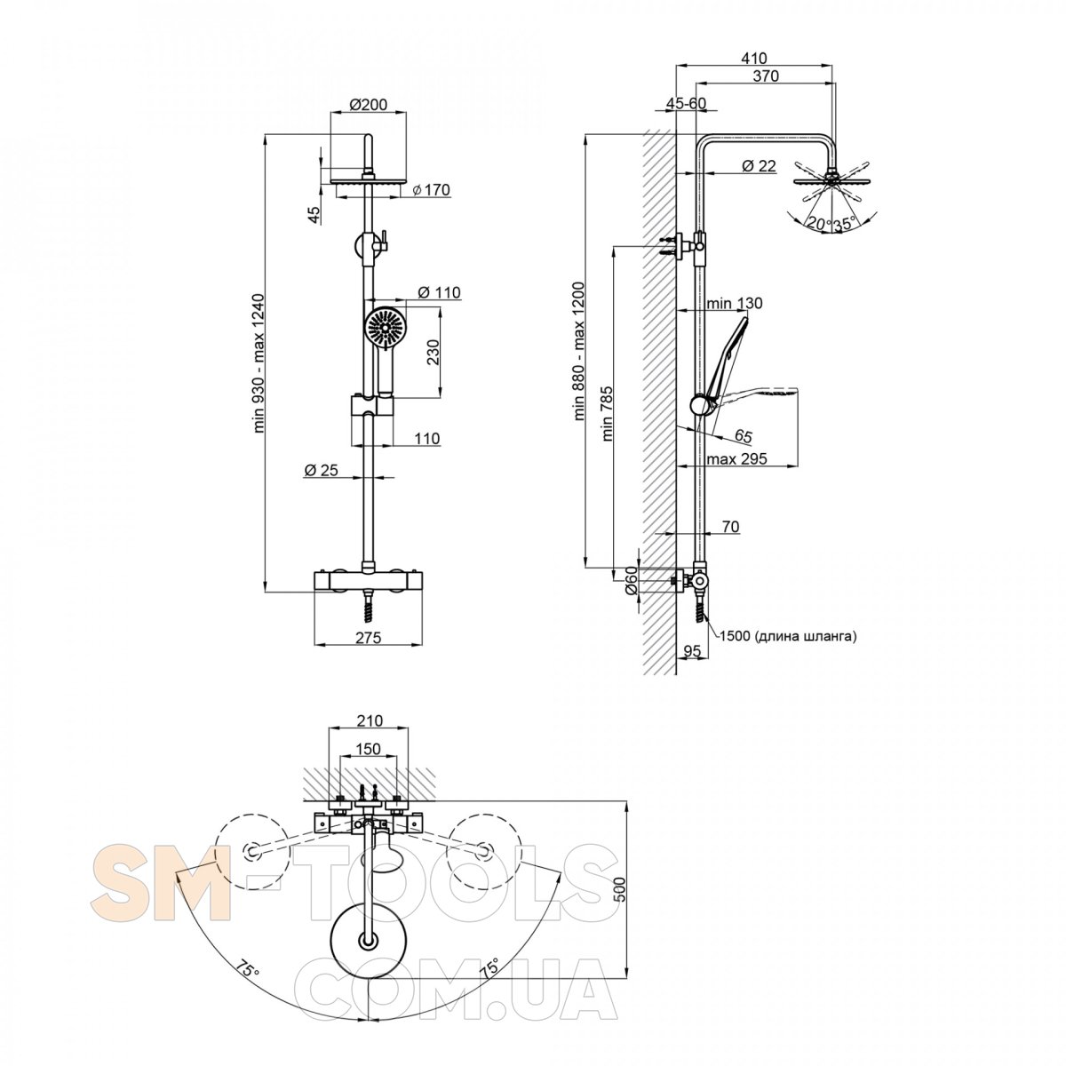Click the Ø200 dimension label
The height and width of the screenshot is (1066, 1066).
(x=369, y=105)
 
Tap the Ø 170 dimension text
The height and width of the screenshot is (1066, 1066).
(x=432, y=190)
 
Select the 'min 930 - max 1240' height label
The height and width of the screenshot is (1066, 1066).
(x=259, y=363)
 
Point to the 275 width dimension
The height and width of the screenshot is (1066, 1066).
(x=369, y=638)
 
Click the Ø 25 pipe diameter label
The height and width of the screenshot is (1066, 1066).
(x=321, y=470)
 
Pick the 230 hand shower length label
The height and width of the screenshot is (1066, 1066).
(x=433, y=351)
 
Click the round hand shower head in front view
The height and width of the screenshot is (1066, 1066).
(x=384, y=328)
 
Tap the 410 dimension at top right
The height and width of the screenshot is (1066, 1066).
(x=754, y=58)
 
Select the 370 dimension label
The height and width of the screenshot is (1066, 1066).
(x=766, y=76)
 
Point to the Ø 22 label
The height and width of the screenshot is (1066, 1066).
(x=759, y=165)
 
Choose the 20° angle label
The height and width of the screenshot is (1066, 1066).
(x=819, y=224)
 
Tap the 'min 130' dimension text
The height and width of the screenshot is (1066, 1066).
(x=735, y=303)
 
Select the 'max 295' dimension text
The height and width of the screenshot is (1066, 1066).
(x=736, y=458)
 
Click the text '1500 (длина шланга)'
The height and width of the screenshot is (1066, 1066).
(x=788, y=637)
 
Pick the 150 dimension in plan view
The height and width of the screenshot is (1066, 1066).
(x=368, y=749)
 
